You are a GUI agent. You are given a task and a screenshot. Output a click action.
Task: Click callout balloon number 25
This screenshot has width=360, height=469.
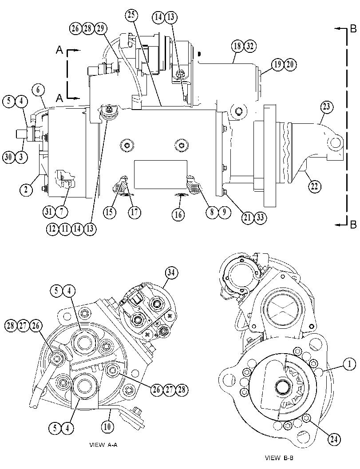coord(132,15)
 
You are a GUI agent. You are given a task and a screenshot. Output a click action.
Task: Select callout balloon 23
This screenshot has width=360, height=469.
coord(326,107)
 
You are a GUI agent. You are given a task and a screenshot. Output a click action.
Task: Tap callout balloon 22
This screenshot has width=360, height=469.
coord(314,186)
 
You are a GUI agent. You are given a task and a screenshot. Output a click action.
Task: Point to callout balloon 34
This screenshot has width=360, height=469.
coord(171,273)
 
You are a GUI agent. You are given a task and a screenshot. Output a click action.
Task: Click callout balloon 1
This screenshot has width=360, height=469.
coord(349,364)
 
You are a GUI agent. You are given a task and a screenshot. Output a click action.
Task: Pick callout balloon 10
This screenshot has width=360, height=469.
coord(107,426)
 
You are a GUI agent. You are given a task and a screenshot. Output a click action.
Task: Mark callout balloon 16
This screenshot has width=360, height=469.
coord(178,214)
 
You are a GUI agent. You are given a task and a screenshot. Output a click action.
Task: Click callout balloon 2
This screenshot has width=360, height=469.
coord(26,189)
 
